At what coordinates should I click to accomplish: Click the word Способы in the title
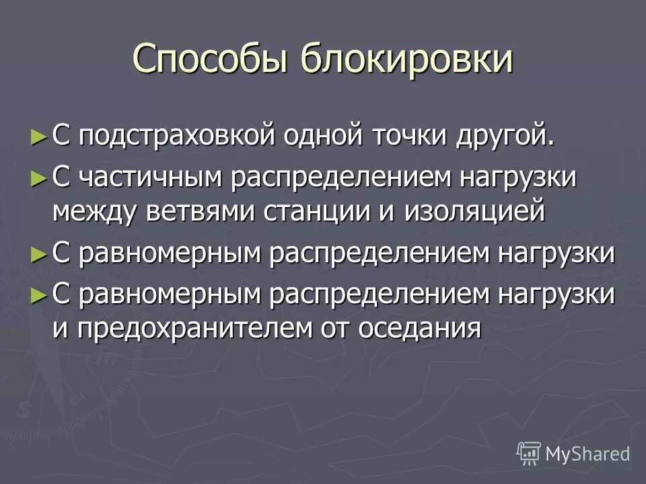[x=211, y=59]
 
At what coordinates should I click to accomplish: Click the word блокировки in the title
[x=406, y=59]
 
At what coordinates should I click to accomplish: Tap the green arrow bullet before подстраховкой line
[x=40, y=136]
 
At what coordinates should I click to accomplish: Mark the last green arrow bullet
[x=40, y=295]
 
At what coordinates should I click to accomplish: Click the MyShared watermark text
[x=587, y=454]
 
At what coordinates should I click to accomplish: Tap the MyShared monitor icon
[x=529, y=454]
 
